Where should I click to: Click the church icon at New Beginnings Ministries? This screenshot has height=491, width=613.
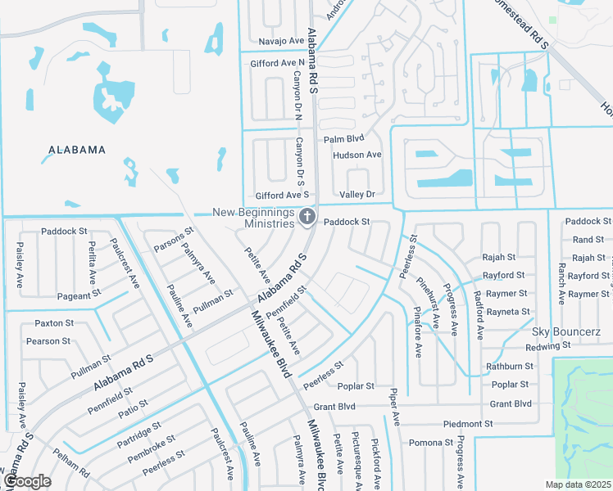coord(307,217)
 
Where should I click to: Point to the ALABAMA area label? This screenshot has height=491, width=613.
coord(77,150)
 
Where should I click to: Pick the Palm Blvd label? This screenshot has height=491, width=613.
coord(343,140)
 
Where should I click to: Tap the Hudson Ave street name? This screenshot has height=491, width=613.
coord(357,155)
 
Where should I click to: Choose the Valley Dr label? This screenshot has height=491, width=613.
coord(356,195)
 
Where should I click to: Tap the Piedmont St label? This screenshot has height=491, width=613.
coord(468,424)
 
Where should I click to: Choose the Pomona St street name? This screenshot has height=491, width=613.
coord(432,443)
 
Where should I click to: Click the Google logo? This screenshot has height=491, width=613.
coord(27,481)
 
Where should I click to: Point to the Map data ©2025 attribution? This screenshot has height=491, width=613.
coord(578,484)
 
